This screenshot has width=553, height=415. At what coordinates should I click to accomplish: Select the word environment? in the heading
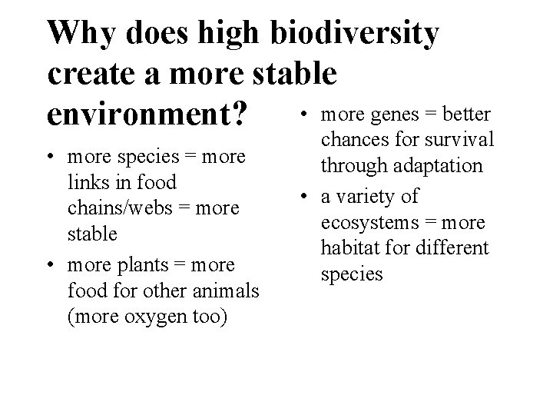(x=147, y=114)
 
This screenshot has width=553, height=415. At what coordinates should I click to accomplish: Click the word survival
(x=463, y=141)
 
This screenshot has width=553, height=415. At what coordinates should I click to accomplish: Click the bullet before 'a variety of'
(x=305, y=197)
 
